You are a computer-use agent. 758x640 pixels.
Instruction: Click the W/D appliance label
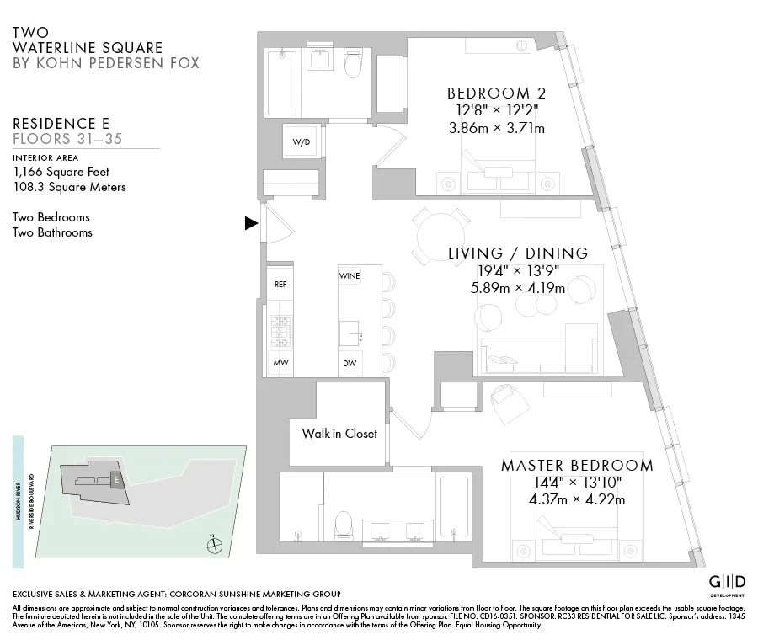[302, 142]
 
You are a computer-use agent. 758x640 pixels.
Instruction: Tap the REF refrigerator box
[281, 285]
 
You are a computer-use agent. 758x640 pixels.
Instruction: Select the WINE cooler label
[350, 276]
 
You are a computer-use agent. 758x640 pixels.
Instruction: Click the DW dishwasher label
[349, 364]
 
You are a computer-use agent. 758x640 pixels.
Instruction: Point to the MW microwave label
[280, 363]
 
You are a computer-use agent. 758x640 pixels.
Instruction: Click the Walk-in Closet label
[339, 434]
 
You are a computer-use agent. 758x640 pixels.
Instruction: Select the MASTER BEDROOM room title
[577, 466]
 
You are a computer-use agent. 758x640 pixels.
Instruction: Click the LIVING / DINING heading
[517, 253]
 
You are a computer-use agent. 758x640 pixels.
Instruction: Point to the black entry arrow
[251, 223]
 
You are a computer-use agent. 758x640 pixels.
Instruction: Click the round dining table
[439, 237]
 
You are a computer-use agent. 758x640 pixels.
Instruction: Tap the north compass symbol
[215, 545]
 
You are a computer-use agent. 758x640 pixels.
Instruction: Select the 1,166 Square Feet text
[61, 172]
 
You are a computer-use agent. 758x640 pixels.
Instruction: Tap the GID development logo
[726, 583]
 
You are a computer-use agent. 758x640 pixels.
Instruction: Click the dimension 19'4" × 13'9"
[517, 270]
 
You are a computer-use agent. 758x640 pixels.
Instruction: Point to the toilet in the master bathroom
[343, 523]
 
